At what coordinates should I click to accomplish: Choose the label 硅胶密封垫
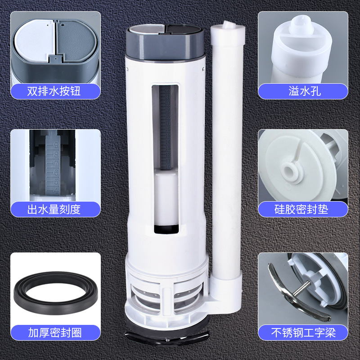(x=302, y=209)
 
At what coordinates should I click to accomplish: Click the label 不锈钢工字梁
(x=302, y=333)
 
